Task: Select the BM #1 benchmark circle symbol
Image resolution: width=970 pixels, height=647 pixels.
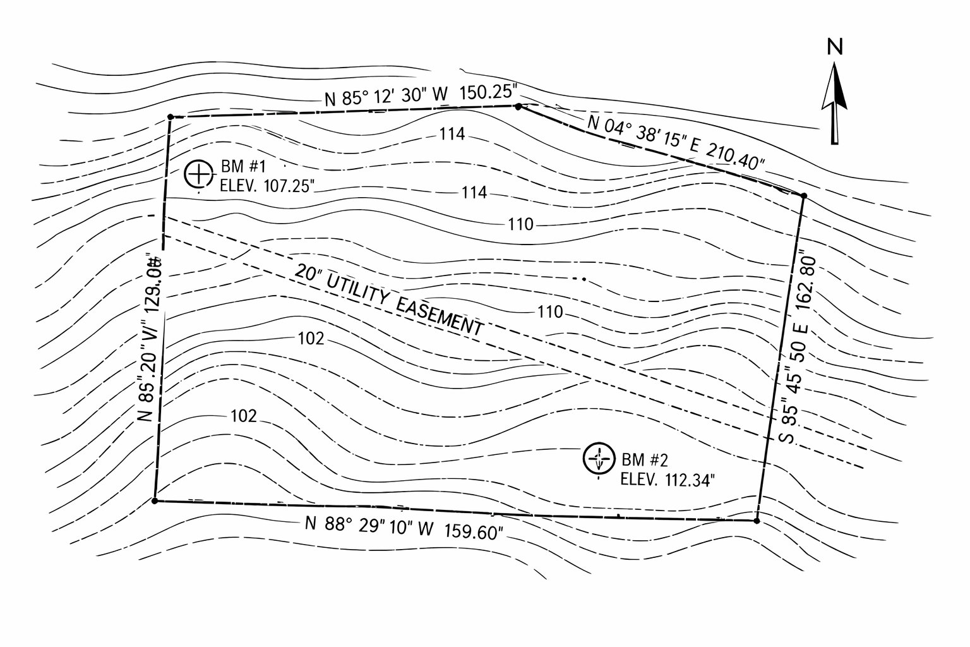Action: click(x=198, y=174)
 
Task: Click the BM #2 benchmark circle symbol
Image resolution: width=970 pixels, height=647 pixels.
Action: click(x=598, y=459)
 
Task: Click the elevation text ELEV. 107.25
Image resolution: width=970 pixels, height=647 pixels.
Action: click(x=266, y=187)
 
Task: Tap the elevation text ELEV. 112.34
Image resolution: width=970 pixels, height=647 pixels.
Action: click(x=668, y=480)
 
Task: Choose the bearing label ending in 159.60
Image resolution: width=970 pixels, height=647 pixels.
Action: click(x=404, y=528)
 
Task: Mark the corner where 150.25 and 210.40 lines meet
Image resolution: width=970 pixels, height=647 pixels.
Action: click(x=518, y=106)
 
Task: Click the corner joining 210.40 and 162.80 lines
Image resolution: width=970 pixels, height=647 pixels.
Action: click(x=803, y=197)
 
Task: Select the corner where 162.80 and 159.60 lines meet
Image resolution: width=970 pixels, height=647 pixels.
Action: click(x=756, y=521)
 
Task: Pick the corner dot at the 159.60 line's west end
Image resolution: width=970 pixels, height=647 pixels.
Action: click(x=155, y=501)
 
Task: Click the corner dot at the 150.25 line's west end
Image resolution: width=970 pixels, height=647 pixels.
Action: click(x=171, y=117)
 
